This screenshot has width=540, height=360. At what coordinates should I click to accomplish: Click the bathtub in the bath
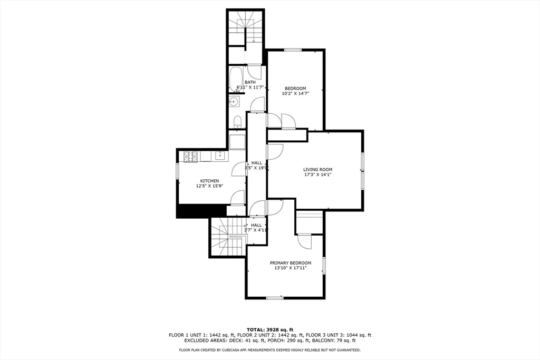pos(236,80)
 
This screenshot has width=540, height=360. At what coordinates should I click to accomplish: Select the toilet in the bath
pos(237,122)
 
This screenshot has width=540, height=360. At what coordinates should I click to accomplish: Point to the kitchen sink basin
pos(220,155)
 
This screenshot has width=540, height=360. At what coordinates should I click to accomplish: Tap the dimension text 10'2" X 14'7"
pos(295,93)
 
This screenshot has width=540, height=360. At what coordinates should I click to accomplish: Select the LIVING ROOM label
pos(317,169)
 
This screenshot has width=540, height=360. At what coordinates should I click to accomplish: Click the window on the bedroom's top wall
pos(293,50)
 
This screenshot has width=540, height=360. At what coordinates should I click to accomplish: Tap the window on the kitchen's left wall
pos(177,173)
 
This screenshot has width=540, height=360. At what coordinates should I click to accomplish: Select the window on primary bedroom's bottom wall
pos(275,298)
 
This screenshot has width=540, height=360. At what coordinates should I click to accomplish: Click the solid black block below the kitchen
pos(193,210)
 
